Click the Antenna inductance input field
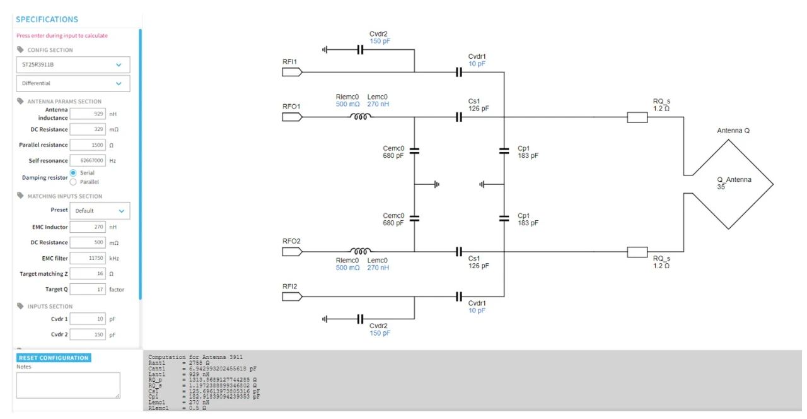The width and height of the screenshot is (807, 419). click(88, 114)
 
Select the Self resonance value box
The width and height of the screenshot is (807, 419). click(88, 160)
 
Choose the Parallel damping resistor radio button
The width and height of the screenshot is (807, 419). click(73, 182)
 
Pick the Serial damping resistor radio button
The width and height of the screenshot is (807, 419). click(73, 173)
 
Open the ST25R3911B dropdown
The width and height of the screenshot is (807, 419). click(73, 64)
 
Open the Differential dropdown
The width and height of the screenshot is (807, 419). click(73, 83)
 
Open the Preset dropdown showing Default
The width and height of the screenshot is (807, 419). click(100, 211)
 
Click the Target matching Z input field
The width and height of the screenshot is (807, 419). click(88, 273)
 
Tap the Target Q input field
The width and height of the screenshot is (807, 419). click(88, 289)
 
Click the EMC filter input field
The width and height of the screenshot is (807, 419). click(88, 257)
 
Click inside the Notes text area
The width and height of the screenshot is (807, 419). click(68, 385)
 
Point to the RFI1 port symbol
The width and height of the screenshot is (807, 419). click(292, 72)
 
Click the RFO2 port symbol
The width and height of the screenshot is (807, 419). click(292, 252)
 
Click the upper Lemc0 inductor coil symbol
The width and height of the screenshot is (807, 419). click(361, 116)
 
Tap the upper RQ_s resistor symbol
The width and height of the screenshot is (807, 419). click(637, 117)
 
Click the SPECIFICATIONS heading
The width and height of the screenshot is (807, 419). click(47, 20)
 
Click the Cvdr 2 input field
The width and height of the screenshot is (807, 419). click(88, 334)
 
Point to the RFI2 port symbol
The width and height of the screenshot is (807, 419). click(292, 297)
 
